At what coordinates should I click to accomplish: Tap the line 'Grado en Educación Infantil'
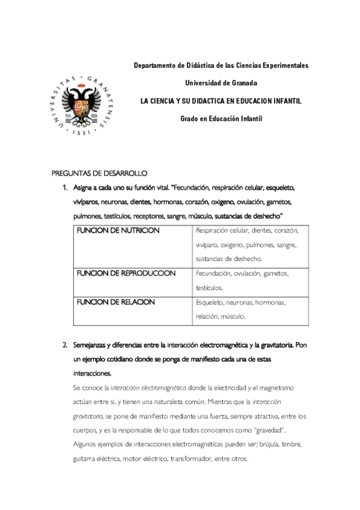221,118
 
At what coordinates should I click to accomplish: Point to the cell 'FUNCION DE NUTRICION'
117,231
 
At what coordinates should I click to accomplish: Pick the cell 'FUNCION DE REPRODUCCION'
126,274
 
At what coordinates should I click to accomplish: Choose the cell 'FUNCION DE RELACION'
115,302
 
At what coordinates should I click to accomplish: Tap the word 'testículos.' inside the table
209,288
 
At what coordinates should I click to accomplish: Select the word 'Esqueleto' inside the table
210,303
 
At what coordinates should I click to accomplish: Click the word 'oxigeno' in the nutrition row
243,245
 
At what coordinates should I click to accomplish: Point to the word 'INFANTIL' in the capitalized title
282,100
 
